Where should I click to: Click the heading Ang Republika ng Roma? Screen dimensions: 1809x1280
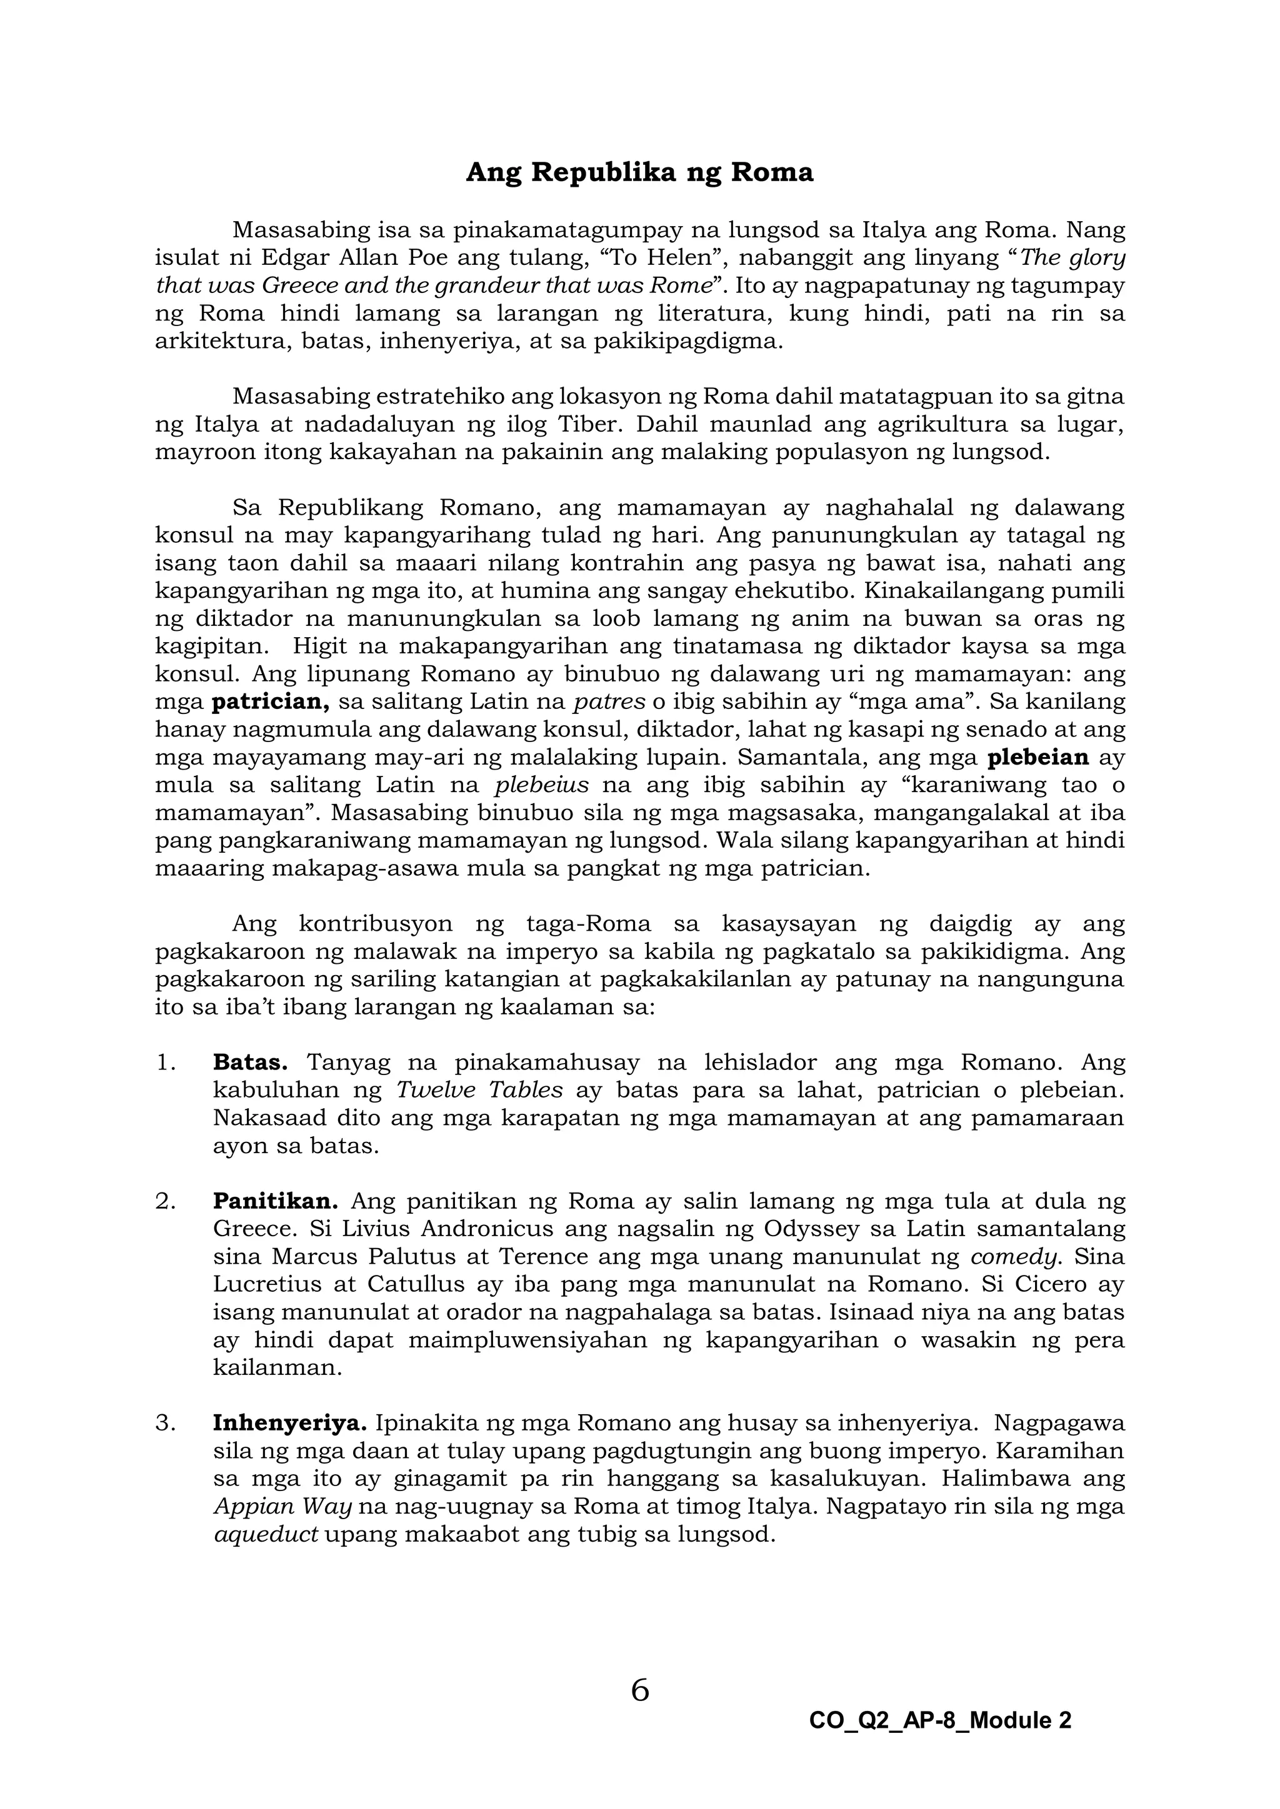[639, 172]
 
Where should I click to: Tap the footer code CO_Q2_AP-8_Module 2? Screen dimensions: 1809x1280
[939, 1720]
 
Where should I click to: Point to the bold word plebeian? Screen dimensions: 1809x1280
[1038, 758]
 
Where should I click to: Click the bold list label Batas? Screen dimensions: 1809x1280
[250, 1063]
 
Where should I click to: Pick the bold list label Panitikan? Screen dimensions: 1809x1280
[275, 1202]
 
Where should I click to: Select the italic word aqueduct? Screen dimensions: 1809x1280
[266, 1535]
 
